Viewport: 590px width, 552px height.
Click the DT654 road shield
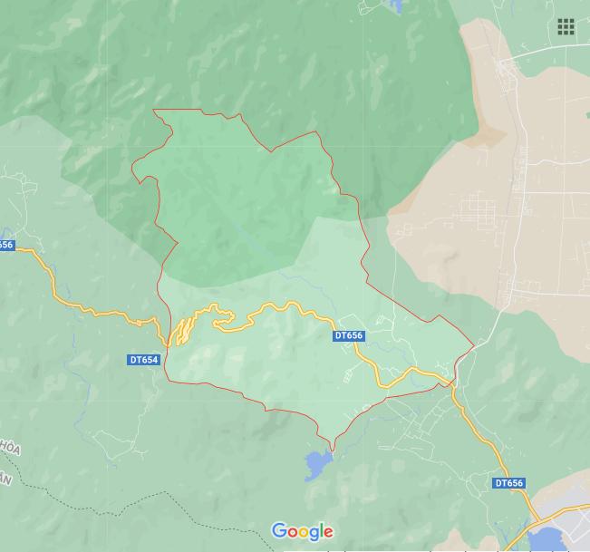point(143,360)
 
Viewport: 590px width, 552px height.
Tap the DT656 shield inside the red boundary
point(348,335)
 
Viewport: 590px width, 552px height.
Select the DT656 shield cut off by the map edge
point(6,245)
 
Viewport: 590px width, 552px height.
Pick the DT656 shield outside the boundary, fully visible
point(509,483)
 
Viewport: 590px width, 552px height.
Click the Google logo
point(302,532)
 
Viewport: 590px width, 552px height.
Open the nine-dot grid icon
point(566,26)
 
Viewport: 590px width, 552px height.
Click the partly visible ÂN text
point(5,479)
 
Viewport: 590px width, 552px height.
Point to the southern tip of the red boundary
point(333,450)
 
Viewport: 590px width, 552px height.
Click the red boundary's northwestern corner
point(154,111)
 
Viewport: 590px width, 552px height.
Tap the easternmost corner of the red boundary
point(474,344)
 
